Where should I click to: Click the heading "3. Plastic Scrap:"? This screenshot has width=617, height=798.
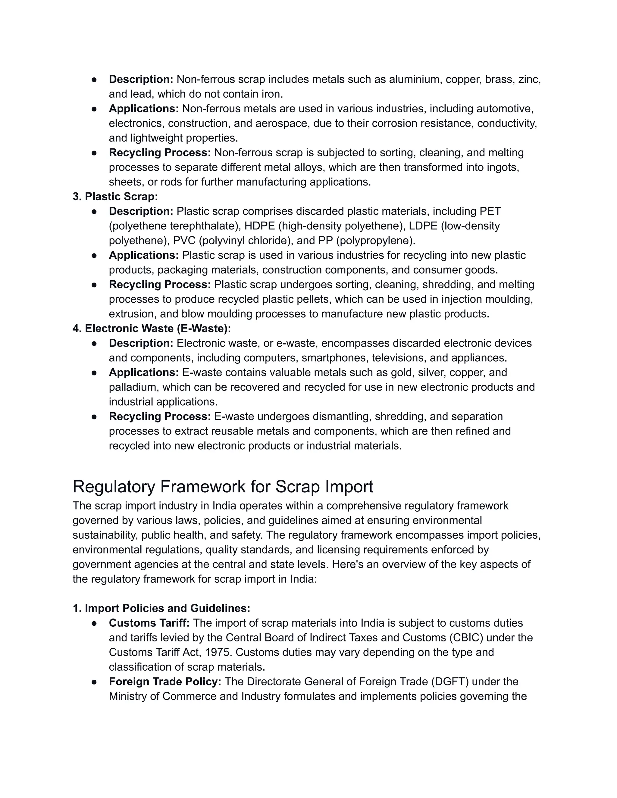click(x=115, y=197)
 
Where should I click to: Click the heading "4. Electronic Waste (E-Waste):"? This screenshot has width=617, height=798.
click(x=152, y=329)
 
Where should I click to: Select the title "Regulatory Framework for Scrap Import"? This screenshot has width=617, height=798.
click(x=223, y=487)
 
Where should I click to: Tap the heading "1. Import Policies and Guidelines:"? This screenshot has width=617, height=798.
click(x=161, y=608)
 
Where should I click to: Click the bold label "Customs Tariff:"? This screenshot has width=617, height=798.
click(x=149, y=623)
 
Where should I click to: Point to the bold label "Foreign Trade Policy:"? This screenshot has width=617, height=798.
click(x=165, y=681)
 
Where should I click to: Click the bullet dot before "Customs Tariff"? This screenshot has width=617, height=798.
click(x=94, y=623)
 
